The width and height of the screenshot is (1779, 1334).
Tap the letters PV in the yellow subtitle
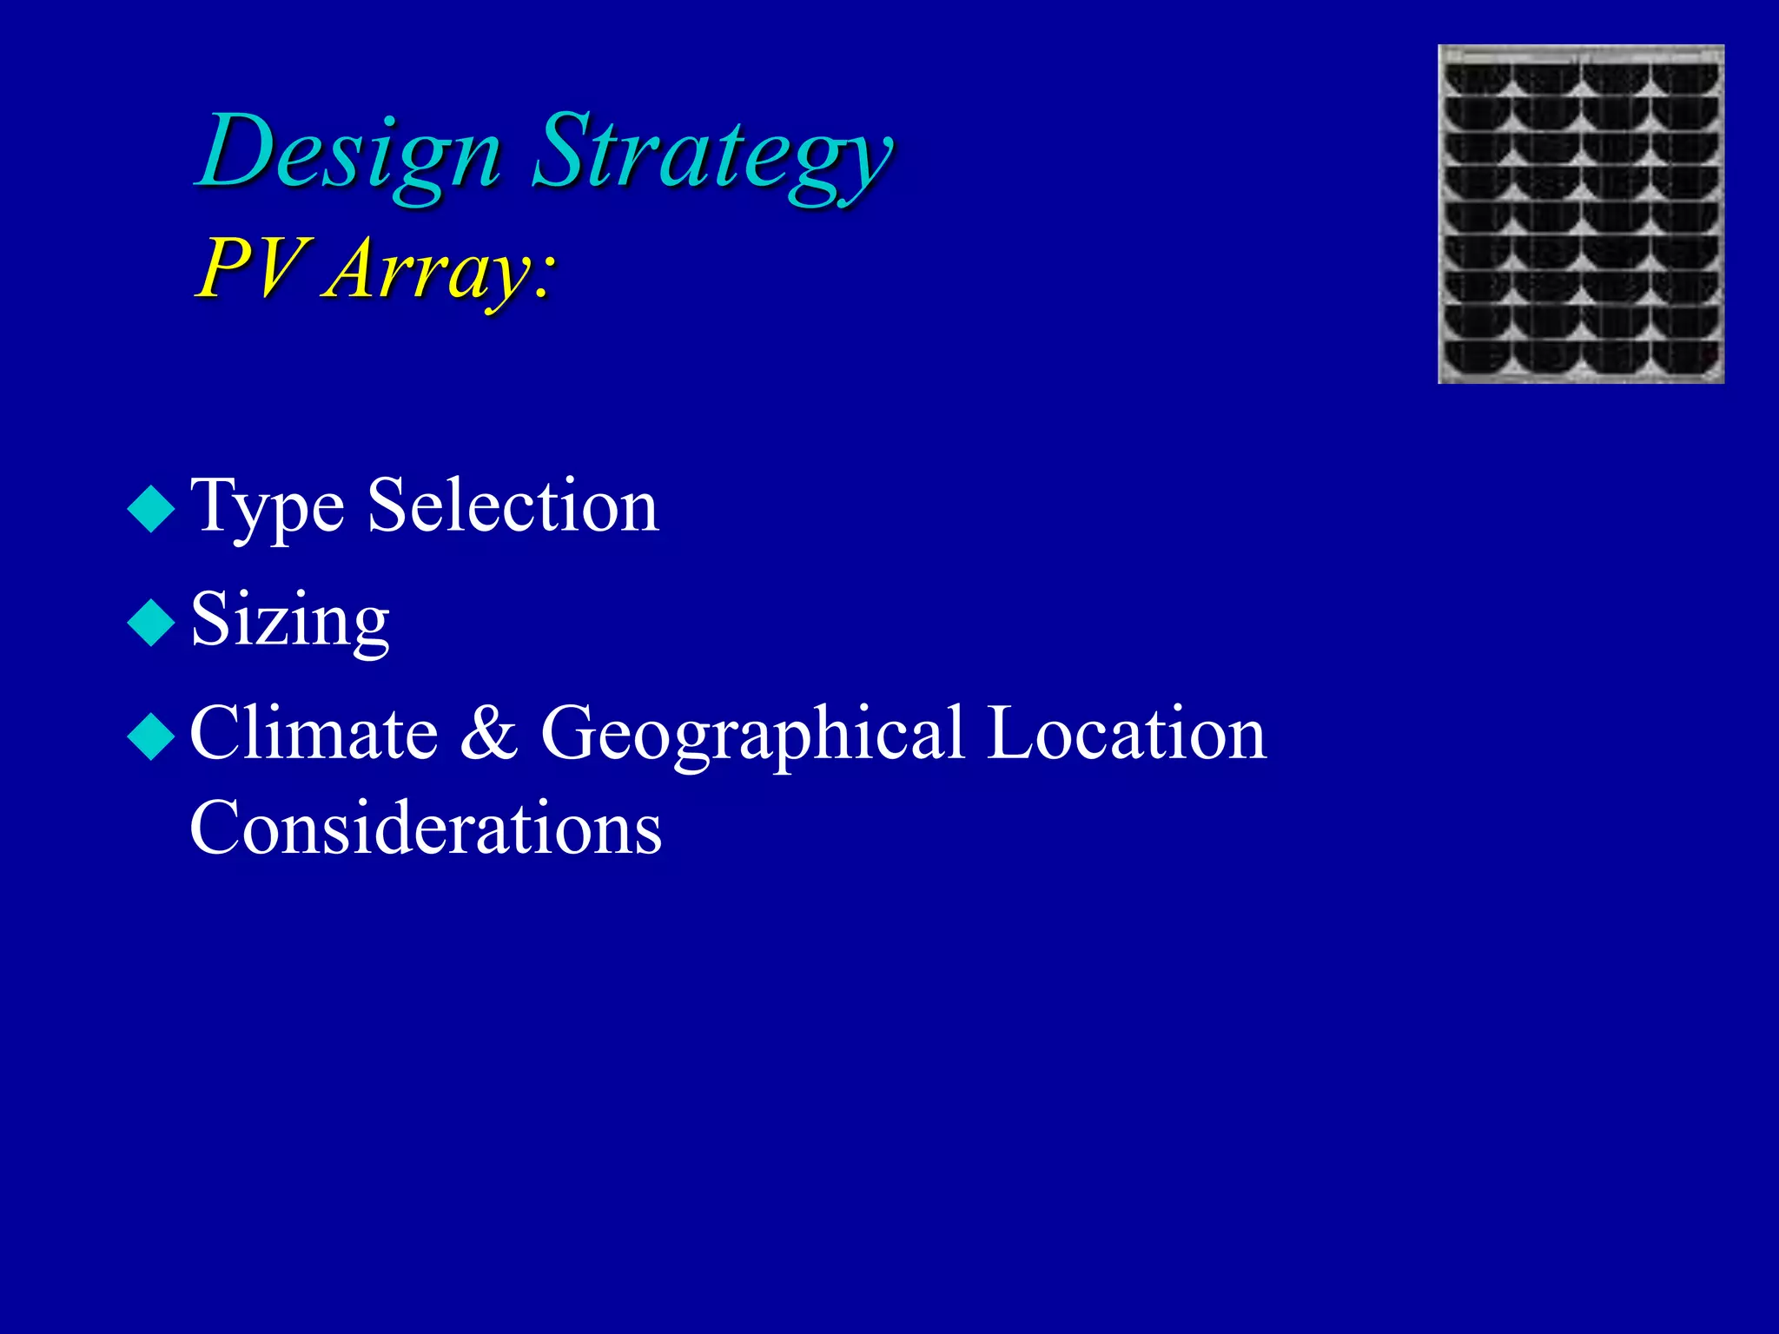[x=252, y=269]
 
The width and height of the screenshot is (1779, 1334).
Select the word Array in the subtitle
[x=426, y=271]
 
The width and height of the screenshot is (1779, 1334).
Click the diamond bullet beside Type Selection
[x=151, y=508]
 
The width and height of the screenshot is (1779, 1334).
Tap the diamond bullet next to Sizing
[x=151, y=622]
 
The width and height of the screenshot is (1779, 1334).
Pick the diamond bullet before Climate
[x=151, y=736]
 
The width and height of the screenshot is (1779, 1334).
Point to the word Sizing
[x=289, y=622]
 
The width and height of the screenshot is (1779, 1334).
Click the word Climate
[x=314, y=734]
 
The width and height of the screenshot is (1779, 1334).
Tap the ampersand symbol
[x=488, y=734]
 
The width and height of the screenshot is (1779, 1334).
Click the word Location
[x=1127, y=734]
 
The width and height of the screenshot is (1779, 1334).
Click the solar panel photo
[x=1581, y=214]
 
